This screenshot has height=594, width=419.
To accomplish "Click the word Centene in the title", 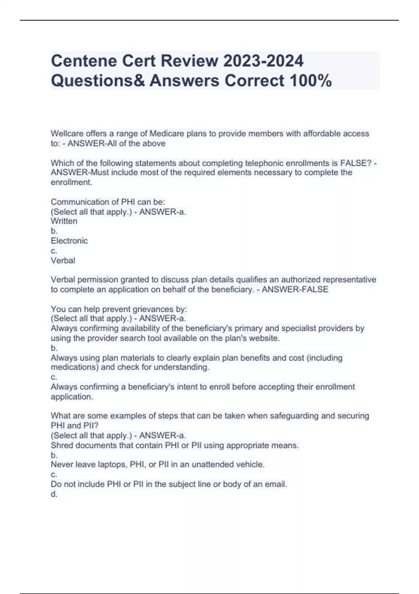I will pyautogui.click(x=84, y=61).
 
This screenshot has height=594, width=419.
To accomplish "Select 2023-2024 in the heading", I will pyautogui.click(x=264, y=61).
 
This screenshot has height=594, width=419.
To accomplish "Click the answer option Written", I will pyautogui.click(x=64, y=221).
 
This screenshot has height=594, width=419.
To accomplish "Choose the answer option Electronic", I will pyautogui.click(x=69, y=241).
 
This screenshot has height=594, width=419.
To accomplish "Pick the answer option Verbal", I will pyautogui.click(x=63, y=260).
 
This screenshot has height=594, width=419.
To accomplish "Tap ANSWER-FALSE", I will pyautogui.click(x=295, y=289).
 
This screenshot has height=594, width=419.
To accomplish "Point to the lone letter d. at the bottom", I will pyautogui.click(x=54, y=494).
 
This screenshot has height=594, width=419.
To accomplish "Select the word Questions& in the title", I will pyautogui.click(x=98, y=81).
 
